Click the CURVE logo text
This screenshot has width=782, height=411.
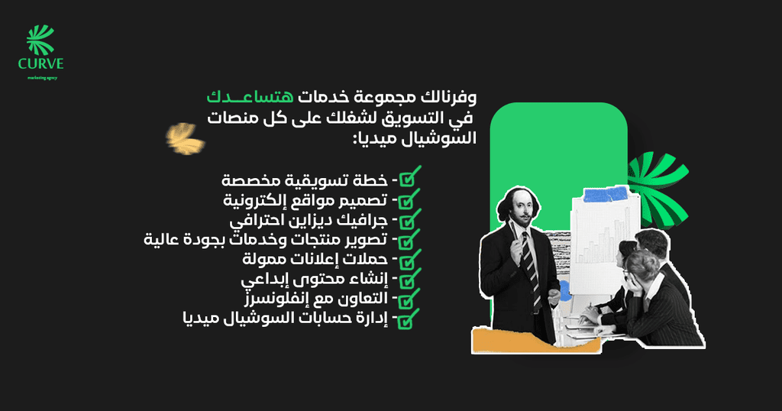tap(41, 64)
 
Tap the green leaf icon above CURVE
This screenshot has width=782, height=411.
tap(40, 40)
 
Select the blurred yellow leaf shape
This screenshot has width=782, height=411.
tap(185, 138)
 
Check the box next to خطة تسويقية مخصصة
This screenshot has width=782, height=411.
tap(409, 176)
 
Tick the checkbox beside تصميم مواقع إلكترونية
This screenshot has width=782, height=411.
tap(409, 199)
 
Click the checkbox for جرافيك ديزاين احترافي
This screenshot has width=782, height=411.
tap(409, 219)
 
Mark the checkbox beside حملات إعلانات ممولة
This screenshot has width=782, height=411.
tap(409, 259)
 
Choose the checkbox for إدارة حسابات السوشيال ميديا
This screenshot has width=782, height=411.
tap(409, 319)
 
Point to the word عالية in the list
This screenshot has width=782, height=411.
tap(160, 239)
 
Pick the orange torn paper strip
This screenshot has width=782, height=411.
tap(535, 341)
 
